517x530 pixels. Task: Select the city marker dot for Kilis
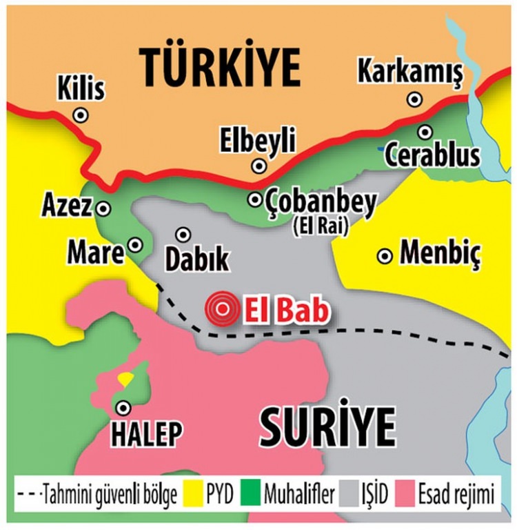(x=81, y=115)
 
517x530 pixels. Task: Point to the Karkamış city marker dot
(x=414, y=99)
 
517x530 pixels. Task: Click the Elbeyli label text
(x=257, y=140)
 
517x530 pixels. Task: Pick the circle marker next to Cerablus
(x=425, y=131)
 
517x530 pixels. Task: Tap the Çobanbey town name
(x=321, y=202)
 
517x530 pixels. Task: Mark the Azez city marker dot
(x=104, y=207)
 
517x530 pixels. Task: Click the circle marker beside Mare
(x=136, y=244)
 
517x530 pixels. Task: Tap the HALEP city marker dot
(x=123, y=408)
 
